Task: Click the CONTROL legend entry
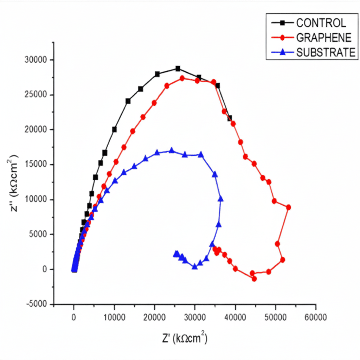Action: [321, 23]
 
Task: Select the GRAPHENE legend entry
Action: [324, 37]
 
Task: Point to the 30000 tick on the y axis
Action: [37, 60]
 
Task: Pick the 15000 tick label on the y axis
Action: [37, 165]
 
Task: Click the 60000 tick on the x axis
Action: [315, 317]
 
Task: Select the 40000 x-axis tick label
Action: [235, 317]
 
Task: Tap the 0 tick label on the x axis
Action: [74, 317]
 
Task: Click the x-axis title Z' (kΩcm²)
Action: [185, 338]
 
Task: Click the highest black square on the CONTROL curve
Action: [178, 69]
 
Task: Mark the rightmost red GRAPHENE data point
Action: [289, 207]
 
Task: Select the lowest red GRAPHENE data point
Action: [254, 279]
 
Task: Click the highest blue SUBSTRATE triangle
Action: [172, 150]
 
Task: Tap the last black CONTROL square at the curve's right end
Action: [230, 118]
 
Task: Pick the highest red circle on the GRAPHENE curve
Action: [182, 78]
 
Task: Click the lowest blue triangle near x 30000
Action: [195, 267]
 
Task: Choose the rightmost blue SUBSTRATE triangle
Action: [220, 199]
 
